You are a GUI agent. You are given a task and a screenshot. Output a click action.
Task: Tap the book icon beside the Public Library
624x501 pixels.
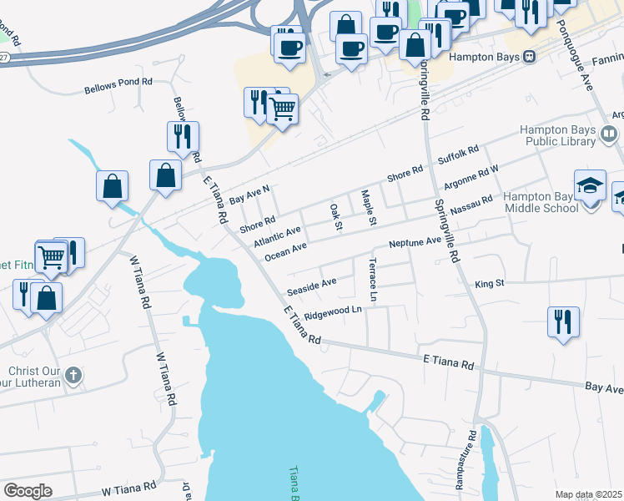tap(609, 134)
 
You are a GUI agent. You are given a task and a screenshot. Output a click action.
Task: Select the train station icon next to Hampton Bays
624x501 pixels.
tap(529, 57)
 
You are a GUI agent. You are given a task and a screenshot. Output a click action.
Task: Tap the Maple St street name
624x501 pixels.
tap(368, 208)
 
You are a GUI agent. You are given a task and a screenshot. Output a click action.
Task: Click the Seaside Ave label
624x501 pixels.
tap(311, 286)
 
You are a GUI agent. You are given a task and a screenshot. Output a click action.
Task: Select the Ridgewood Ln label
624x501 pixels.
tap(333, 313)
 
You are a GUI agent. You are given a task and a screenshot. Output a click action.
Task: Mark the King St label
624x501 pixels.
tap(490, 284)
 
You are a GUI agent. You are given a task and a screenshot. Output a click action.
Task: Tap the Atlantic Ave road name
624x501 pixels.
tap(277, 236)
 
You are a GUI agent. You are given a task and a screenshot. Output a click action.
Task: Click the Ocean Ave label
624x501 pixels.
tap(286, 250)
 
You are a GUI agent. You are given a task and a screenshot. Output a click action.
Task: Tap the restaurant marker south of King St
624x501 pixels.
tap(564, 321)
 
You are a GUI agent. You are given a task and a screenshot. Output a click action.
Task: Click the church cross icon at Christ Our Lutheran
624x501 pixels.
tap(74, 375)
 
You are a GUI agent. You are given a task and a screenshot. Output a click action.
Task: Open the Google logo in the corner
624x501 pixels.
tap(28, 491)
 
